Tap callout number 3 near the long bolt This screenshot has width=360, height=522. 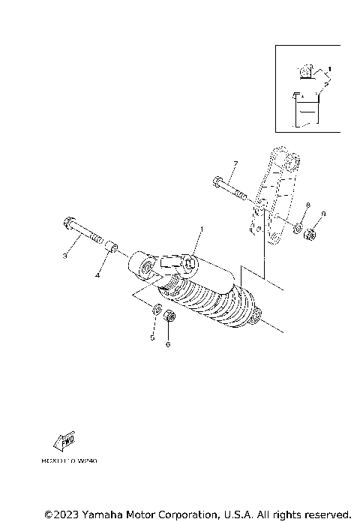[64, 256]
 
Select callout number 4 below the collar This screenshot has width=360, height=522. [97, 275]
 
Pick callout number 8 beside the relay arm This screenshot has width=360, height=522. [307, 205]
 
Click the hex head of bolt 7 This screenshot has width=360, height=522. [217, 181]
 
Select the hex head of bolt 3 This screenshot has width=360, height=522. [65, 223]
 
